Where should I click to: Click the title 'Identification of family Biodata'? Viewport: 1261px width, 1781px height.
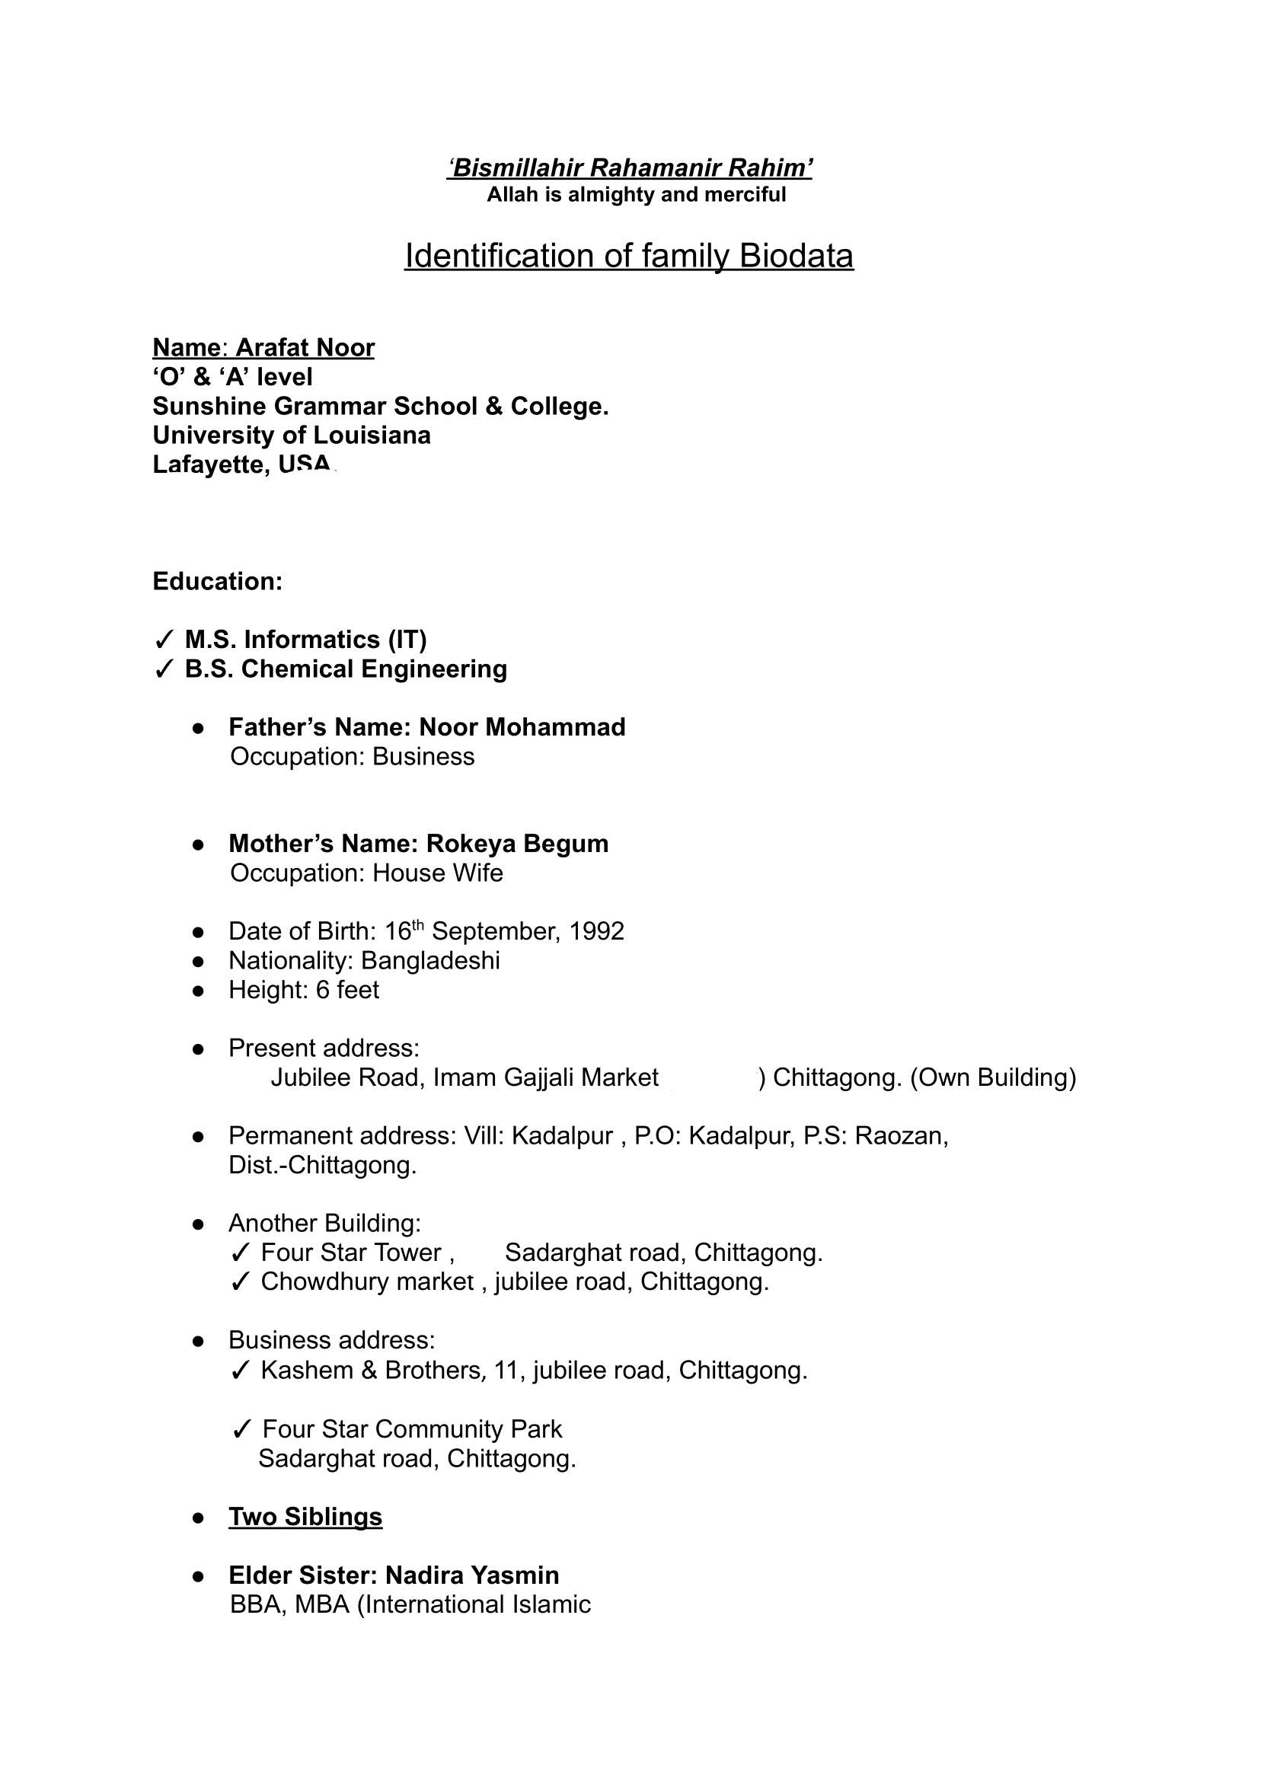point(628,256)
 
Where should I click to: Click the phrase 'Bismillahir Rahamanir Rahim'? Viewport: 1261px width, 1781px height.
point(629,168)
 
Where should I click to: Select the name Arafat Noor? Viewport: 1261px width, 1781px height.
point(305,348)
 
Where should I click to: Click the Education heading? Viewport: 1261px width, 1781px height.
point(218,582)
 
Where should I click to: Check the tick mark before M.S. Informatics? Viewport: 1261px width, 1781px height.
point(164,640)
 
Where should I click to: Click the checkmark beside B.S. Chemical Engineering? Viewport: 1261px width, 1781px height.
point(164,669)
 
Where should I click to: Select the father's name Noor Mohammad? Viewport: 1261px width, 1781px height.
point(522,727)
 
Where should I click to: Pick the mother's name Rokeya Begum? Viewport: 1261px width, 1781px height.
point(517,844)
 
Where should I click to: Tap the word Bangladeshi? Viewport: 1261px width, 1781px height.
point(430,961)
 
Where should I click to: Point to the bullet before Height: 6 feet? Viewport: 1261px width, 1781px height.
point(198,991)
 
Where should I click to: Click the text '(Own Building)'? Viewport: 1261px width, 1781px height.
point(992,1077)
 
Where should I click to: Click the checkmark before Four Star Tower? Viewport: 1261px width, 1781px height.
point(241,1253)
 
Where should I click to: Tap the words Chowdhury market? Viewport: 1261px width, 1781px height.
point(367,1281)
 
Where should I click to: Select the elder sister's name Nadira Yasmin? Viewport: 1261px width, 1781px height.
point(472,1575)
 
